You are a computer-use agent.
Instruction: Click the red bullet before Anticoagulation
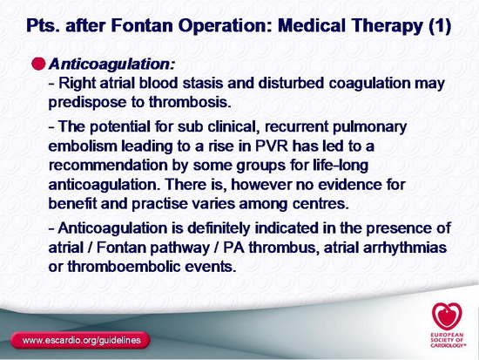[x=38, y=64]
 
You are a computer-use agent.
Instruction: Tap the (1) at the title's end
[x=440, y=25]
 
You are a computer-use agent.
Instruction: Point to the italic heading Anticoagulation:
[x=112, y=65]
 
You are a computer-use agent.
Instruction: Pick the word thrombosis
[x=190, y=102]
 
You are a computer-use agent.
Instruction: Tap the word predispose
[x=87, y=103]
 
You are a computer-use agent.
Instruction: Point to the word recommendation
[x=108, y=165]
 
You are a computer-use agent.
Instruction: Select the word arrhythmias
[x=405, y=248]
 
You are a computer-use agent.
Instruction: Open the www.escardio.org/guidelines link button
[x=80, y=340]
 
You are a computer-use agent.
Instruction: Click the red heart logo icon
[x=447, y=316]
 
